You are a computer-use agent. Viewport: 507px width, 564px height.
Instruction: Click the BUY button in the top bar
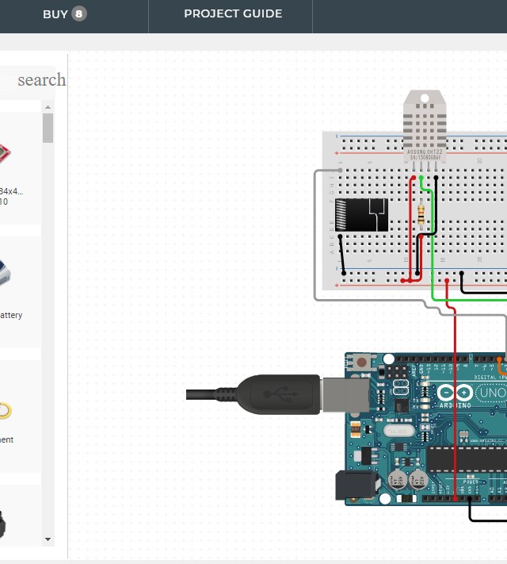pyautogui.click(x=55, y=13)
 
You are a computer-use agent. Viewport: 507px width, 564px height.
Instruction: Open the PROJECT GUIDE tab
pyautogui.click(x=233, y=13)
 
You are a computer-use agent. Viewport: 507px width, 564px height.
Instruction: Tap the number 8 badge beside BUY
pyautogui.click(x=79, y=13)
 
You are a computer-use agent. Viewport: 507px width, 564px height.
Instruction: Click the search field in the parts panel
pyautogui.click(x=40, y=79)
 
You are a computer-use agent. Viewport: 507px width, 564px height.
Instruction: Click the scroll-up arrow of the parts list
pyautogui.click(x=48, y=107)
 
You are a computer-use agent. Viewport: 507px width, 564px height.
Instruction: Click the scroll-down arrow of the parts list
pyautogui.click(x=48, y=539)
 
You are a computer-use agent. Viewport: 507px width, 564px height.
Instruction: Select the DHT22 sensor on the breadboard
pyautogui.click(x=424, y=131)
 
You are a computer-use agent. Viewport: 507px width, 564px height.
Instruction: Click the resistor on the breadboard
pyautogui.click(x=420, y=213)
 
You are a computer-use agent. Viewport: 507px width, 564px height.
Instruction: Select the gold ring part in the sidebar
pyautogui.click(x=6, y=410)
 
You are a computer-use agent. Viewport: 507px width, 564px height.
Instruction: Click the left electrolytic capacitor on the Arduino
pyautogui.click(x=398, y=481)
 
